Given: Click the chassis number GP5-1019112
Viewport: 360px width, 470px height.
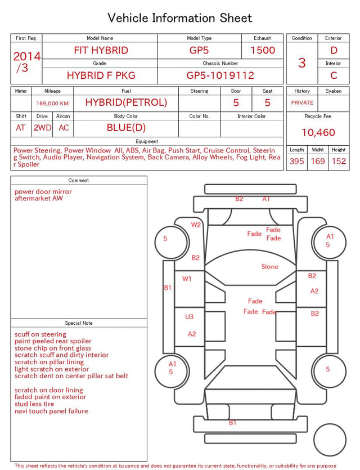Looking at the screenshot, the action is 220,75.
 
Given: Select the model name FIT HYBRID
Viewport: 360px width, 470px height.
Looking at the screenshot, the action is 101,50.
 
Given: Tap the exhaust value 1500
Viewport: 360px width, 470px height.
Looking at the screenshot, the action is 263,50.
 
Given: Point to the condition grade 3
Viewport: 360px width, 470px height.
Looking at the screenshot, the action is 302,63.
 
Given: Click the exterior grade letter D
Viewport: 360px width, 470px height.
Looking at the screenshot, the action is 334,50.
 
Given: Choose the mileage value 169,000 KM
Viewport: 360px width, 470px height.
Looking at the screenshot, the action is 52,104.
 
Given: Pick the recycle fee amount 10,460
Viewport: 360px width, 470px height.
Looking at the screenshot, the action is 318,132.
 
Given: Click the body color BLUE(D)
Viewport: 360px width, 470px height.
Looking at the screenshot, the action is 126,128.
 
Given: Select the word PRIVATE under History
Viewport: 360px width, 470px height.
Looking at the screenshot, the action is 302,102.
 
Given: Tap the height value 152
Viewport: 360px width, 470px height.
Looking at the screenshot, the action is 339,161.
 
